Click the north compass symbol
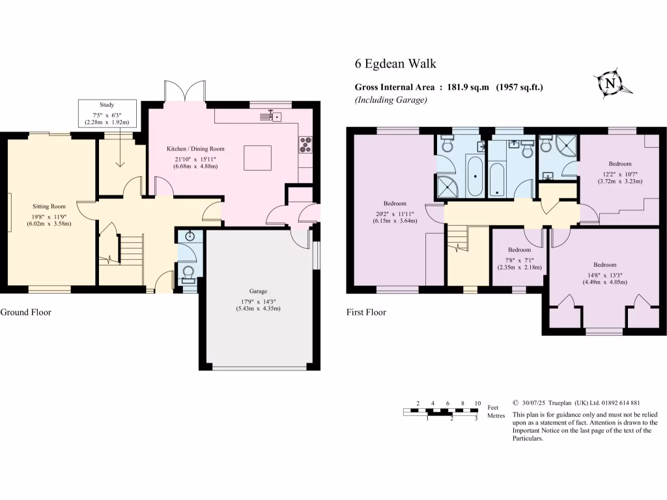pos(610,83)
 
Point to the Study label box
pos(107,113)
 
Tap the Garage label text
pos(258,291)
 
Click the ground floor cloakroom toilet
pos(188,274)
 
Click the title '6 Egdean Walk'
pos(395,64)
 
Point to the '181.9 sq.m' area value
pos(468,87)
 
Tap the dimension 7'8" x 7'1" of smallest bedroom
pos(519,258)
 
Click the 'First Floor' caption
pos(366,312)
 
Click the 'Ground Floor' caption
pos(25,312)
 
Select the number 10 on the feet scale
pos(477,403)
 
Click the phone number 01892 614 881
pos(614,403)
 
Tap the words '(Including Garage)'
pos(391,100)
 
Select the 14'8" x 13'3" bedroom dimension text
pos(604,273)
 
